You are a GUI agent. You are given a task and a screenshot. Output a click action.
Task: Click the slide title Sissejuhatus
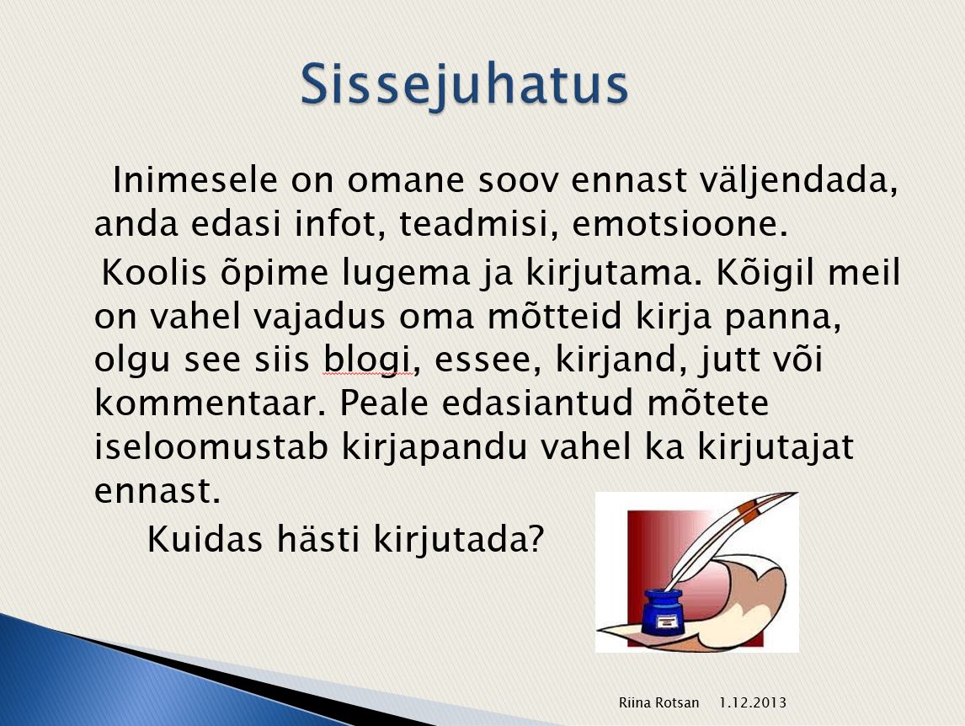pyautogui.click(x=465, y=86)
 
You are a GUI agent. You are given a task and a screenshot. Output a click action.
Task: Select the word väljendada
pyautogui.click(x=799, y=181)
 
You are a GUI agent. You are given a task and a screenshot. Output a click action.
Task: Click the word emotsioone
pyautogui.click(x=680, y=223)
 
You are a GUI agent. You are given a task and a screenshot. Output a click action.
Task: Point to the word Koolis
pyautogui.click(x=154, y=271)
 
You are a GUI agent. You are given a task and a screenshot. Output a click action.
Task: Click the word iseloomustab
pyautogui.click(x=211, y=446)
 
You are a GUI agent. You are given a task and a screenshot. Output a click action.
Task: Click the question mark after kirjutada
pyautogui.click(x=536, y=539)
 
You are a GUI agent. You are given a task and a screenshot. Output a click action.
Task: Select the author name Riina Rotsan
pyautogui.click(x=658, y=702)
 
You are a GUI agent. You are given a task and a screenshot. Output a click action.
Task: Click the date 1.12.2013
pyautogui.click(x=753, y=702)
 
